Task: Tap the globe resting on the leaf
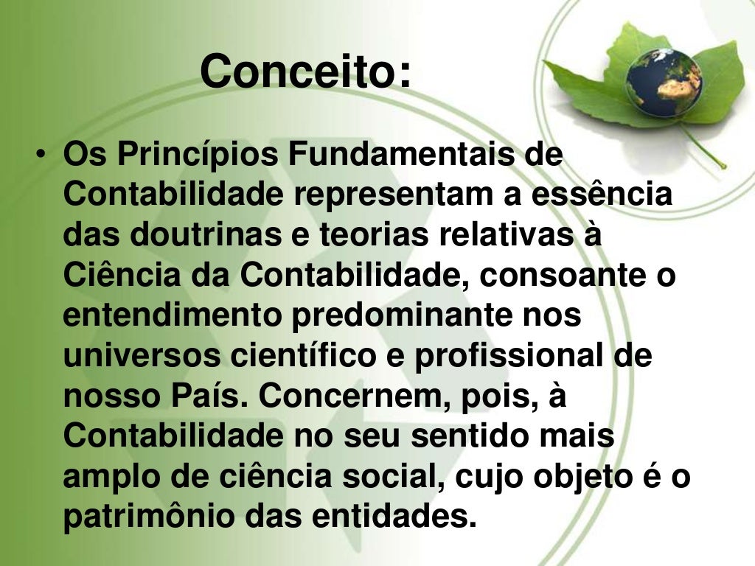click(x=664, y=82)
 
